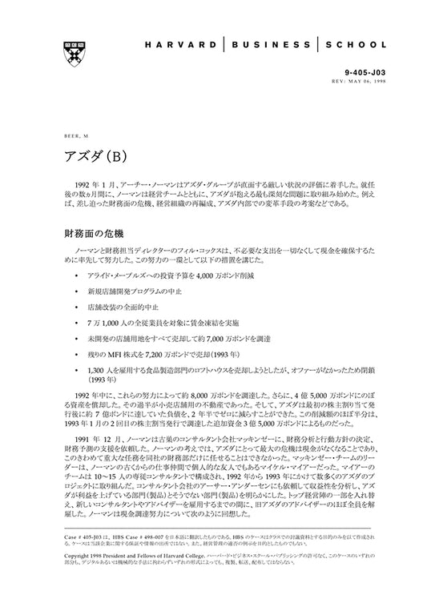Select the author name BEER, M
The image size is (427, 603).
point(75,136)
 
